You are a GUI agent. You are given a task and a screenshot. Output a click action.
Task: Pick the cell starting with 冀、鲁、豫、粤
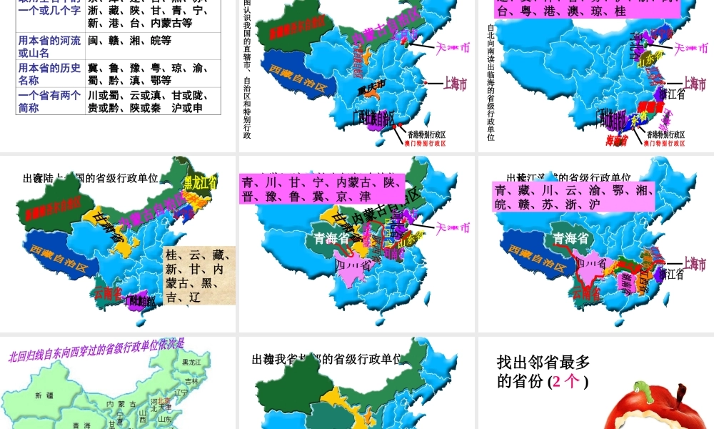tap(147, 74)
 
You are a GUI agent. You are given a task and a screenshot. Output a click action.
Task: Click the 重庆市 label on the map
tap(371, 84)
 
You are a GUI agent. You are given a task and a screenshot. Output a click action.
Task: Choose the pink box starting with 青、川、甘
tap(321, 189)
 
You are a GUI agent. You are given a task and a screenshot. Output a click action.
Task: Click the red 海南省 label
tap(616, 140)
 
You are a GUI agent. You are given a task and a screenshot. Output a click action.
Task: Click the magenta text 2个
tap(568, 381)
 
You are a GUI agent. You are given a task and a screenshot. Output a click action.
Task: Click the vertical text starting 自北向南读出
tap(491, 82)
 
